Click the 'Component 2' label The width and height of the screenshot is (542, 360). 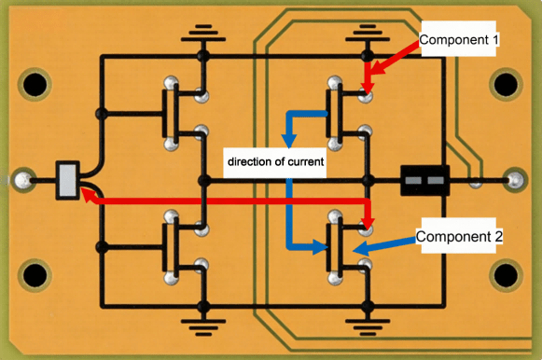pos(459,237)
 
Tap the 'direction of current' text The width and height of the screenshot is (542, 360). pos(274,162)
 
